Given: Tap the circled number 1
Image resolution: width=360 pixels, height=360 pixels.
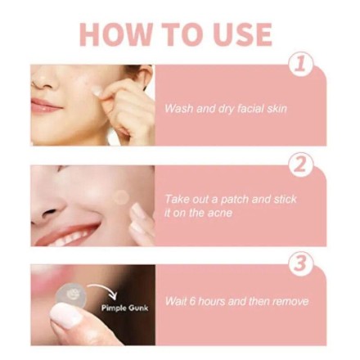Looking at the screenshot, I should pyautogui.click(x=300, y=65).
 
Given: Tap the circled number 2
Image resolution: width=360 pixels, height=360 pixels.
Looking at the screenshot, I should pyautogui.click(x=300, y=164).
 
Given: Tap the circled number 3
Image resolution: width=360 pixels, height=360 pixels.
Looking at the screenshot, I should pyautogui.click(x=300, y=263).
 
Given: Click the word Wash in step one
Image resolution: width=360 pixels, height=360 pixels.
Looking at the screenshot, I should pyautogui.click(x=179, y=108).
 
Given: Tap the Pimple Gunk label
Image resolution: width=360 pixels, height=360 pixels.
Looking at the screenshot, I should pyautogui.click(x=120, y=308).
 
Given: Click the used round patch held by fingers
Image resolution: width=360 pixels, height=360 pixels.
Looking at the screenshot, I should pyautogui.click(x=72, y=293).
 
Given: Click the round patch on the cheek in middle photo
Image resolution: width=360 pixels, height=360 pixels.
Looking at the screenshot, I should pyautogui.click(x=121, y=196).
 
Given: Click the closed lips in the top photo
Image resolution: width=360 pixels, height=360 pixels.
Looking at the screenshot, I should pyautogui.click(x=43, y=105).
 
